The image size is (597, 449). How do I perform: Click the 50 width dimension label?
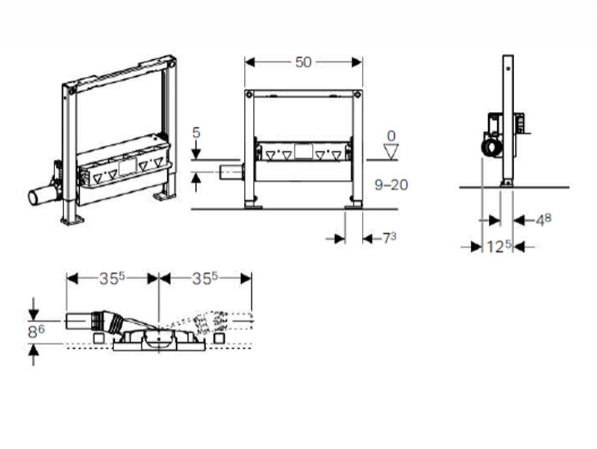pyautogui.click(x=304, y=62)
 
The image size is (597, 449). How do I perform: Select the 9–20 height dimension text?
pyautogui.click(x=391, y=185)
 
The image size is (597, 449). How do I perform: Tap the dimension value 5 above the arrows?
pyautogui.click(x=196, y=133)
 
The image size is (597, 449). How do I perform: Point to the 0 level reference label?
pyautogui.click(x=391, y=136)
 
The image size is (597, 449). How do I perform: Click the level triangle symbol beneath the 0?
pyautogui.click(x=391, y=152)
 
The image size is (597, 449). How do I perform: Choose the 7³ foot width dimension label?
pyautogui.click(x=389, y=238)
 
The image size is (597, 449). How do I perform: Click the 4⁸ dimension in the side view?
pyautogui.click(x=543, y=220)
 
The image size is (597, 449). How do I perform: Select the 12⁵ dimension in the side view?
pyautogui.click(x=498, y=247)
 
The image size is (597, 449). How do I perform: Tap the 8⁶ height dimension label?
pyautogui.click(x=36, y=332)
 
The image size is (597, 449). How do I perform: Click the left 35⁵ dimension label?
pyautogui.click(x=112, y=278)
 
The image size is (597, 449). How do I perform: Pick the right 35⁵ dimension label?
pyautogui.click(x=204, y=278)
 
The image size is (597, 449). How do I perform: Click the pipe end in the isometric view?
pyautogui.click(x=34, y=197)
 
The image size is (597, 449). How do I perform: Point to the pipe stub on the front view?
pyautogui.click(x=231, y=173)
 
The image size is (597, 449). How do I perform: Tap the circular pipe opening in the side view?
pyautogui.click(x=491, y=147)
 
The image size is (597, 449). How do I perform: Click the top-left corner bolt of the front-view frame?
pyautogui.click(x=249, y=94)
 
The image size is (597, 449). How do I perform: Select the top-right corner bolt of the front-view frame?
pyautogui.click(x=357, y=94)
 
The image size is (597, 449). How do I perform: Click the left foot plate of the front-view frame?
pyautogui.click(x=253, y=207)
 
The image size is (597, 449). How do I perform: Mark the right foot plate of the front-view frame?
pyautogui.click(x=353, y=207)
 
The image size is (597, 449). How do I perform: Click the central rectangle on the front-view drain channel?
pyautogui.click(x=304, y=152)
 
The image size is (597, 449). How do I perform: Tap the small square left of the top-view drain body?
pyautogui.click(x=99, y=338)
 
